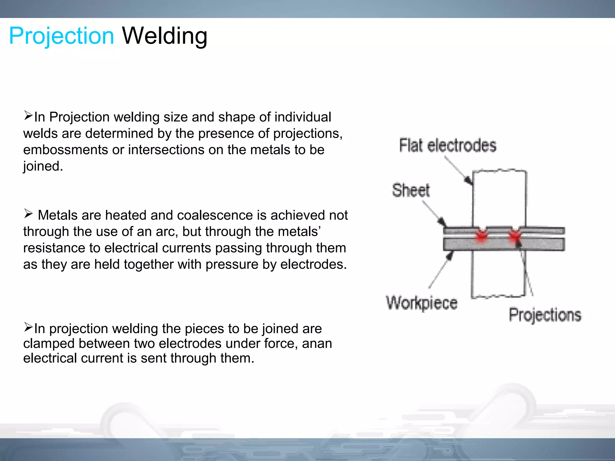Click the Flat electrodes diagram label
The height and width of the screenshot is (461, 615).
447,146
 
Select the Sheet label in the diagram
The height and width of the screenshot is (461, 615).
411,190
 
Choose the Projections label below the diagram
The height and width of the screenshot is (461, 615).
545,315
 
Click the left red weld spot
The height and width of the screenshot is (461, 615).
482,235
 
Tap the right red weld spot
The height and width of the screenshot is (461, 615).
515,235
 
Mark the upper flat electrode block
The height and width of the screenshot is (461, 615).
499,198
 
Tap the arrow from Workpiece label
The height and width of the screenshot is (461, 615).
440,270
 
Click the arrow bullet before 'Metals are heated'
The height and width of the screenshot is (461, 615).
28,214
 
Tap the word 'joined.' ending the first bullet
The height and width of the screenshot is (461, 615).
43,166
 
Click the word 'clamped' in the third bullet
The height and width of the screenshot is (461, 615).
49,343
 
